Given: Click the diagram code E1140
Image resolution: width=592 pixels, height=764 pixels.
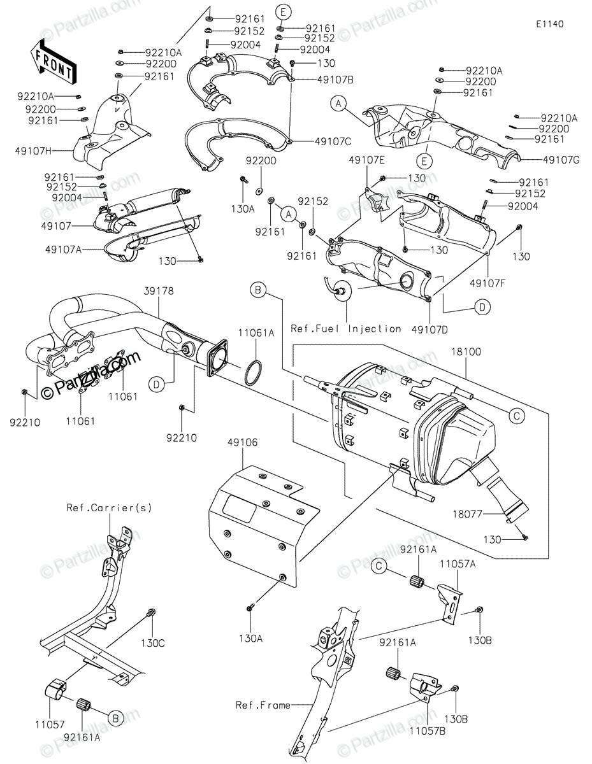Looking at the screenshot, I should point(549,24).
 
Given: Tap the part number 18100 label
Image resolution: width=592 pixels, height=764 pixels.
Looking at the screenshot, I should point(466,351).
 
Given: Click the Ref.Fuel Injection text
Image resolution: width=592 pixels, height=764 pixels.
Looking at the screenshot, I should point(346,329).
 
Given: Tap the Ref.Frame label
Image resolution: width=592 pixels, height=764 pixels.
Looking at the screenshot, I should point(263,705).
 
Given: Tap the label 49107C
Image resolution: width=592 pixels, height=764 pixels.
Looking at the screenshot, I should point(330,141).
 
